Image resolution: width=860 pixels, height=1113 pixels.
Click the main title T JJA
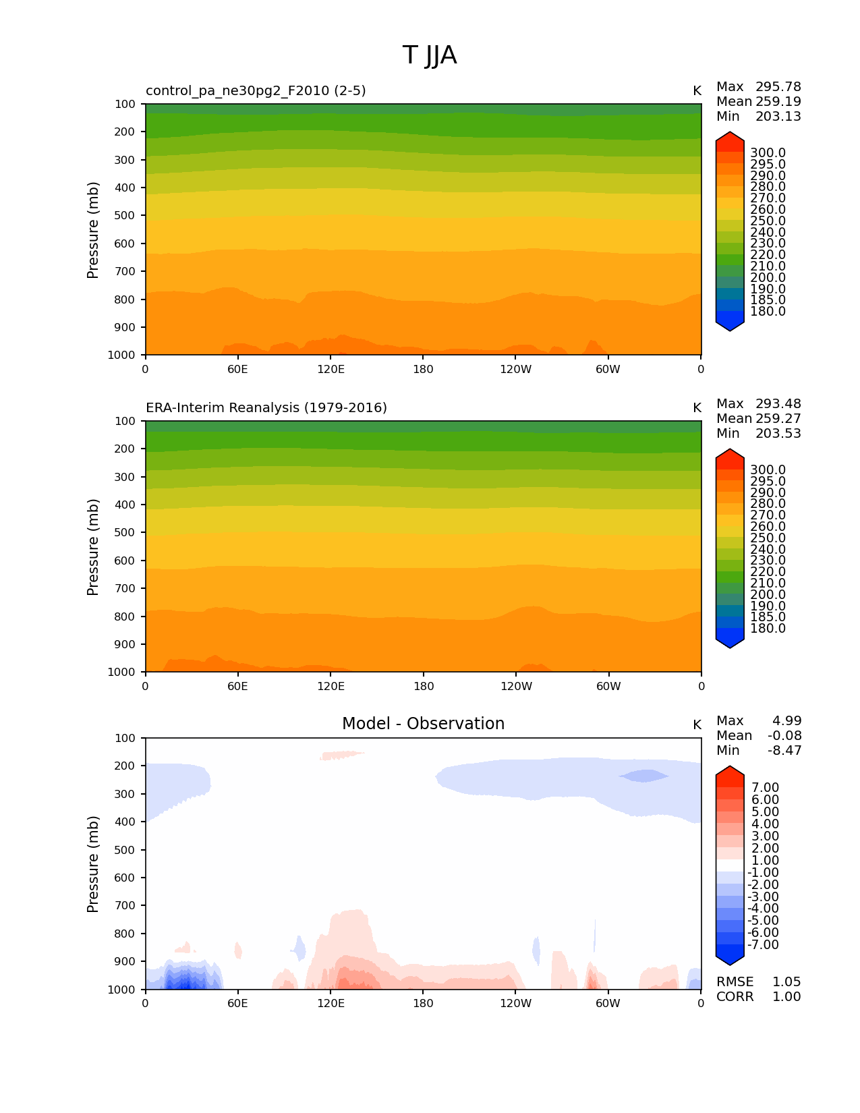click(430, 55)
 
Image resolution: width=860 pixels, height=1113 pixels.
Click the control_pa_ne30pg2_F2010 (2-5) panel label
click(256, 91)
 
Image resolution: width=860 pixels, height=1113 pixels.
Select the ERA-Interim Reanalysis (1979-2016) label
click(266, 408)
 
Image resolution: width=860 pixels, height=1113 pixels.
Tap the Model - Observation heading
click(423, 724)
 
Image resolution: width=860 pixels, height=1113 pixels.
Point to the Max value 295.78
click(778, 87)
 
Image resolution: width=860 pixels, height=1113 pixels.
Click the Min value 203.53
click(778, 434)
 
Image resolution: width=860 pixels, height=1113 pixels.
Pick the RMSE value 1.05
click(786, 982)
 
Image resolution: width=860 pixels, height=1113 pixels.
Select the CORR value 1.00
click(786, 997)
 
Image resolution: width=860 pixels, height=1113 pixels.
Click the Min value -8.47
click(784, 751)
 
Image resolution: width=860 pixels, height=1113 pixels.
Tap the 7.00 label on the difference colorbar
click(765, 788)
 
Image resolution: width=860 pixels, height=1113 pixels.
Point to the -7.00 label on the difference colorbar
click(763, 945)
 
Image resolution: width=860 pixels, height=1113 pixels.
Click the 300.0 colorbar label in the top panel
click(768, 153)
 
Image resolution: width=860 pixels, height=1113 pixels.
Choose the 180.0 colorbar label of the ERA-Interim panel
click(768, 629)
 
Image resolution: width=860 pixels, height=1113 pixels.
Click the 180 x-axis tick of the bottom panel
click(423, 1004)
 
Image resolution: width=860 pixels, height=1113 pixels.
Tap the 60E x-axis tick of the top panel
click(237, 370)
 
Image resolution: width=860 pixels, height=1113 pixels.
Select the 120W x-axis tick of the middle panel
click(516, 687)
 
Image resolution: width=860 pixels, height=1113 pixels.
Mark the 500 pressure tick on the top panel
click(125, 216)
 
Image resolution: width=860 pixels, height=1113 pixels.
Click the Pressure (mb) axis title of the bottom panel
click(93, 864)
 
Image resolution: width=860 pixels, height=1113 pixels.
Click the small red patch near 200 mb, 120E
click(341, 755)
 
